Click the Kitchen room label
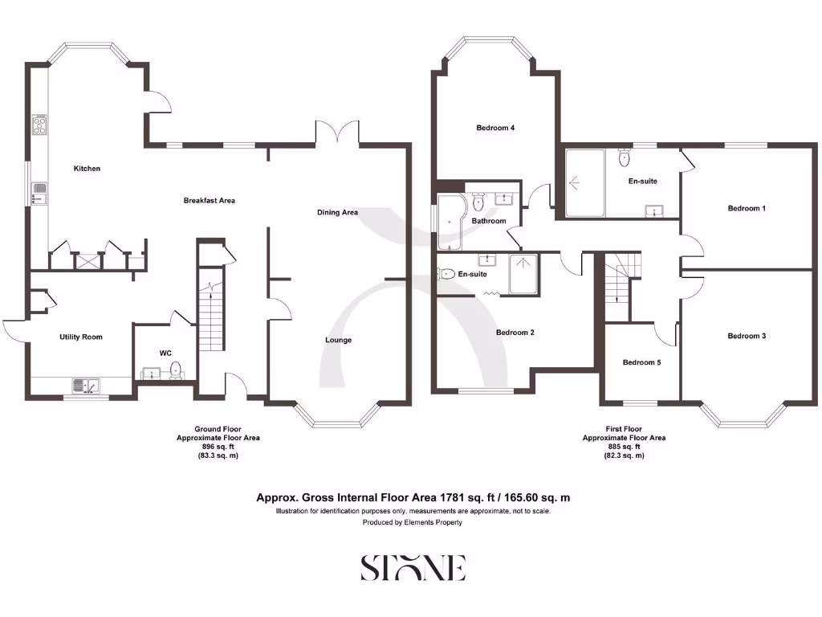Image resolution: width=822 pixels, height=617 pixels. [87, 169]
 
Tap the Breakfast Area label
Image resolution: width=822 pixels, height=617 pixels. [209, 200]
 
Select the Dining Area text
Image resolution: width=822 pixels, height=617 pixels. [337, 213]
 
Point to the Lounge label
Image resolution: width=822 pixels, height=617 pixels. [338, 340]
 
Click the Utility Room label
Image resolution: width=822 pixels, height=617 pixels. [81, 337]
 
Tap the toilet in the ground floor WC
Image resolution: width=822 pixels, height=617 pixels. [176, 370]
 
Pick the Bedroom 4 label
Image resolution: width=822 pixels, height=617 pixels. [495, 128]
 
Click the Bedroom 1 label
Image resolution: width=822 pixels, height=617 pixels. [747, 208]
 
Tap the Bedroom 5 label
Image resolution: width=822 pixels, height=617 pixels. [641, 362]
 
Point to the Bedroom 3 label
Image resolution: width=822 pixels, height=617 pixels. [747, 336]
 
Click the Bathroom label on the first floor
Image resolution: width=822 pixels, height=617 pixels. [489, 221]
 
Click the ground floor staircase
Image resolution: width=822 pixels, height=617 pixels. [209, 317]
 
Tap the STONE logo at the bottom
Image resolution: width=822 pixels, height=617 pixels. [412, 567]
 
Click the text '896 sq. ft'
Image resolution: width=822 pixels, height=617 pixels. [218, 447]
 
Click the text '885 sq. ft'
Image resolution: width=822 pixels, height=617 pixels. [624, 447]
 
